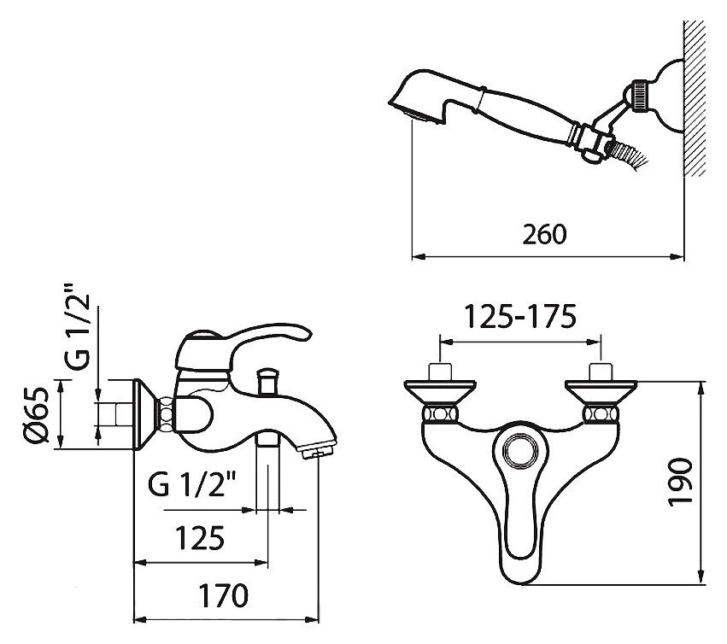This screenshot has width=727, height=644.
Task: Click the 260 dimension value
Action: [544, 234]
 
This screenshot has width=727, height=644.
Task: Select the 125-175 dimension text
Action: [520, 317]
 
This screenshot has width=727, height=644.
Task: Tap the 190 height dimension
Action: [680, 483]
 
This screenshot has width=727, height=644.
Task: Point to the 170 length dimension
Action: [223, 595]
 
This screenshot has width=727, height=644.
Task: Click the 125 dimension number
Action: [200, 538]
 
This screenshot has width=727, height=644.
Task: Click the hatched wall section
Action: [694, 98]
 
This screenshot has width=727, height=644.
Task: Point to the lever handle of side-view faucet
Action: [267, 334]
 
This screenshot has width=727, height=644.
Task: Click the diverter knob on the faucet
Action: [267, 380]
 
